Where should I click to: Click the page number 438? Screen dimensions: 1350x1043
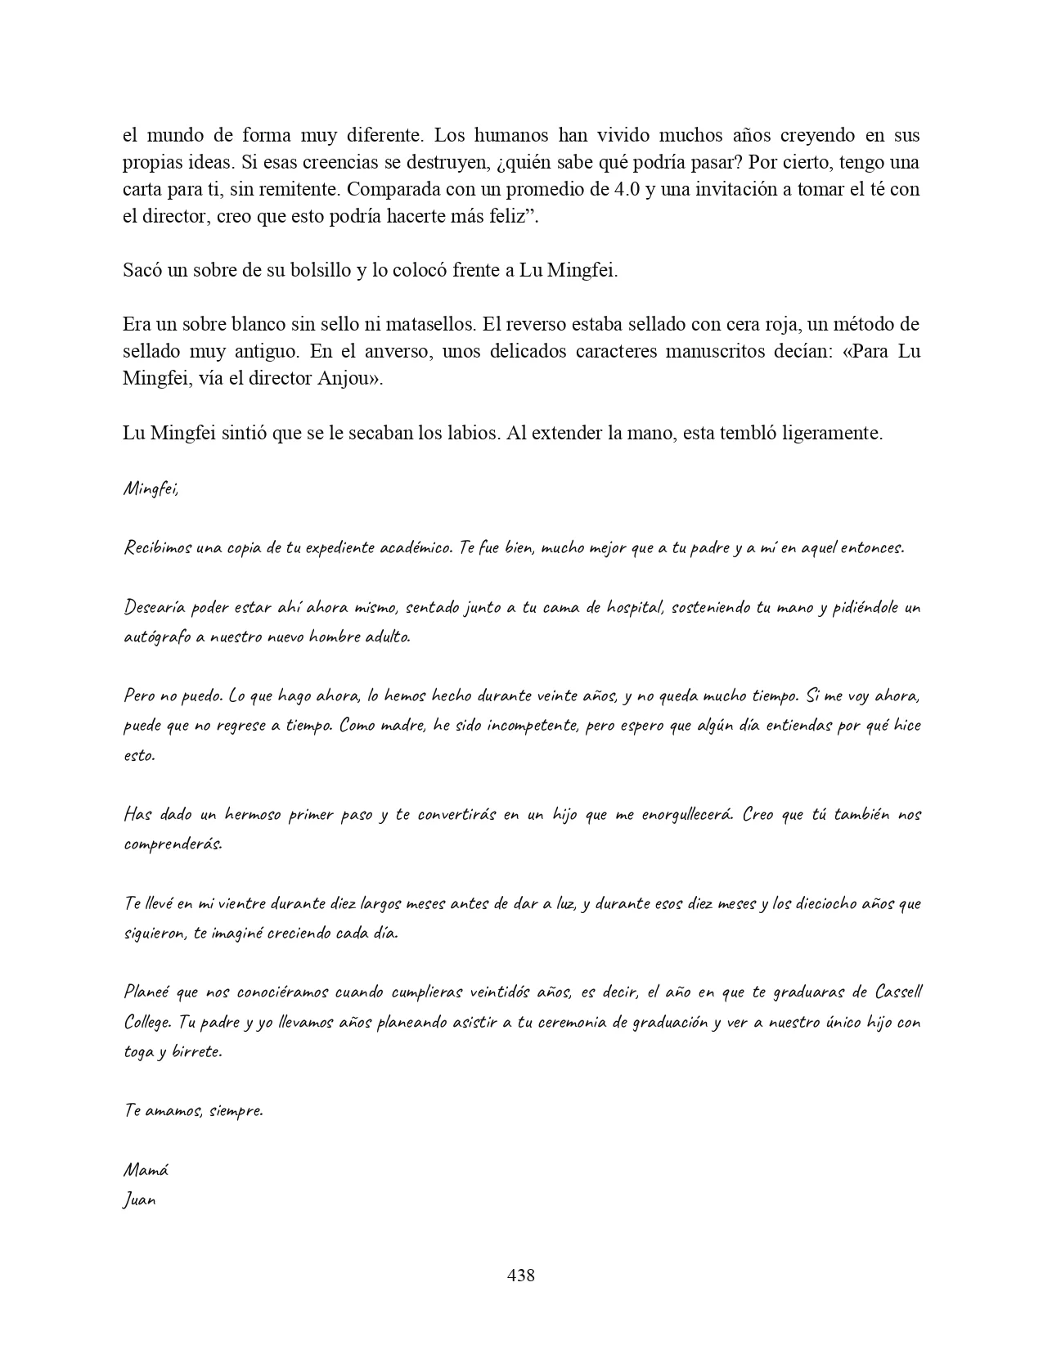point(521,1275)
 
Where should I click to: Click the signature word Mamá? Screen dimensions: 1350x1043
point(146,1170)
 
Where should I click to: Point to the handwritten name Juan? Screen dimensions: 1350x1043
point(139,1200)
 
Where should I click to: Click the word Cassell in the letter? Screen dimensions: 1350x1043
point(897,992)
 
